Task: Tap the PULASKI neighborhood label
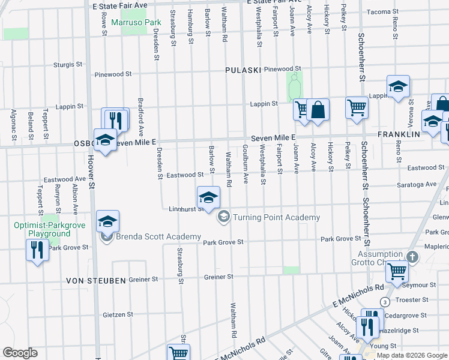pyautogui.click(x=243, y=70)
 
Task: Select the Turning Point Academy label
pyautogui.click(x=276, y=217)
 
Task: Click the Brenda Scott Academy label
pyautogui.click(x=158, y=237)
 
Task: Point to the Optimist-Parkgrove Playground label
pyautogui.click(x=43, y=229)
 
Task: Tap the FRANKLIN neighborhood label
pyautogui.click(x=399, y=134)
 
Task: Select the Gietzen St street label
pyautogui.click(x=118, y=314)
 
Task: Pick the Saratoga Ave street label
pyautogui.click(x=420, y=184)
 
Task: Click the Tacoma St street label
pyautogui.click(x=378, y=11)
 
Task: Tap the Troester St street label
pyautogui.click(x=411, y=299)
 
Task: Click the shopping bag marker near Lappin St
pyautogui.click(x=318, y=110)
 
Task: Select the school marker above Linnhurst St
pyautogui.click(x=208, y=197)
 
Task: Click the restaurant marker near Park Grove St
pyautogui.click(x=37, y=249)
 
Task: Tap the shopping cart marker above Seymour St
pyautogui.click(x=396, y=271)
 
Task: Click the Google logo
pyautogui.click(x=20, y=353)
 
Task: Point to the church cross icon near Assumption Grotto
pyautogui.click(x=412, y=257)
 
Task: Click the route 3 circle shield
pyautogui.click(x=385, y=301)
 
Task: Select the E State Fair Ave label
pyautogui.click(x=120, y=4)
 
